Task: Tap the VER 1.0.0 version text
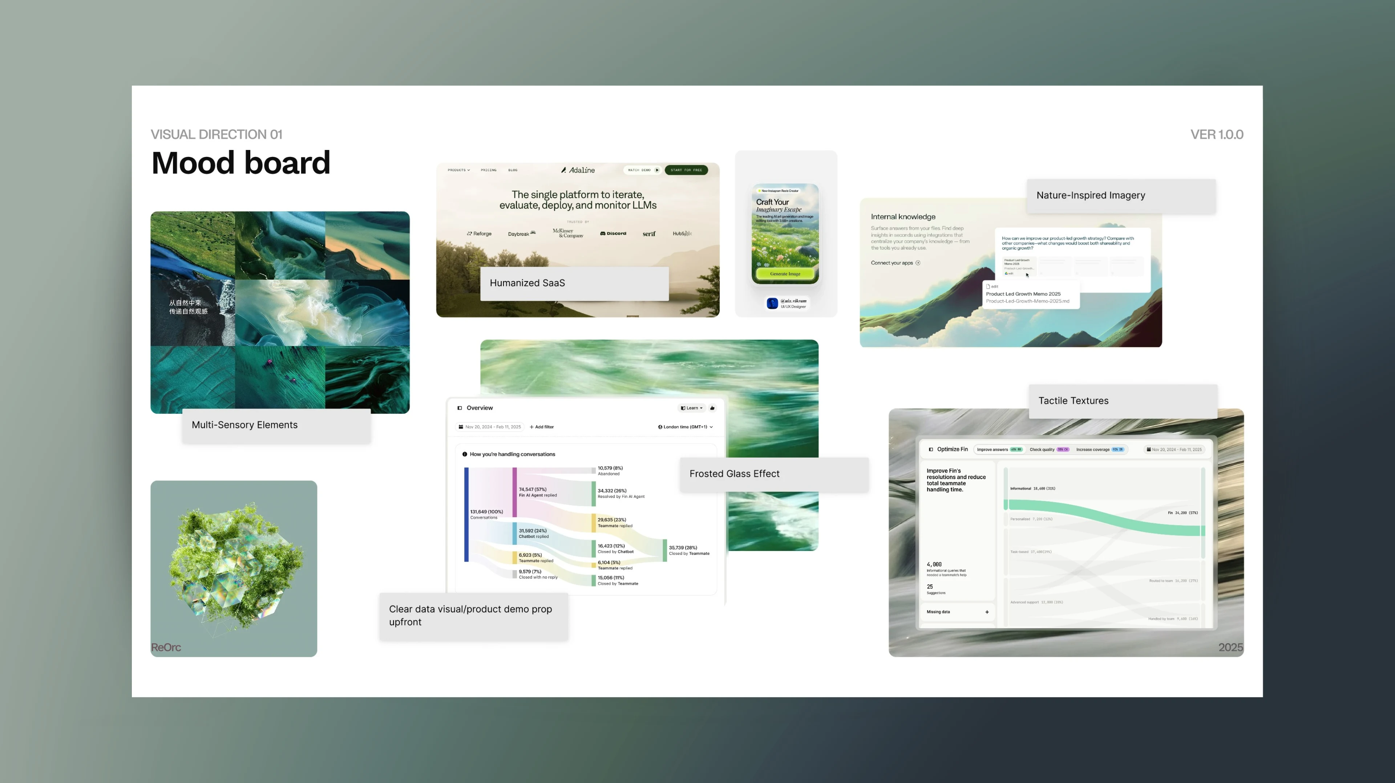pyautogui.click(x=1216, y=134)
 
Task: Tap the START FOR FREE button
pyautogui.click(x=686, y=170)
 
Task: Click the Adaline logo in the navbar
pyautogui.click(x=578, y=170)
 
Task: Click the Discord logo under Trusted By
pyautogui.click(x=613, y=234)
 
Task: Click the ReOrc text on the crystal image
pyautogui.click(x=166, y=647)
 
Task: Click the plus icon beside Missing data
pyautogui.click(x=987, y=612)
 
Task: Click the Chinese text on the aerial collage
pyautogui.click(x=188, y=307)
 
